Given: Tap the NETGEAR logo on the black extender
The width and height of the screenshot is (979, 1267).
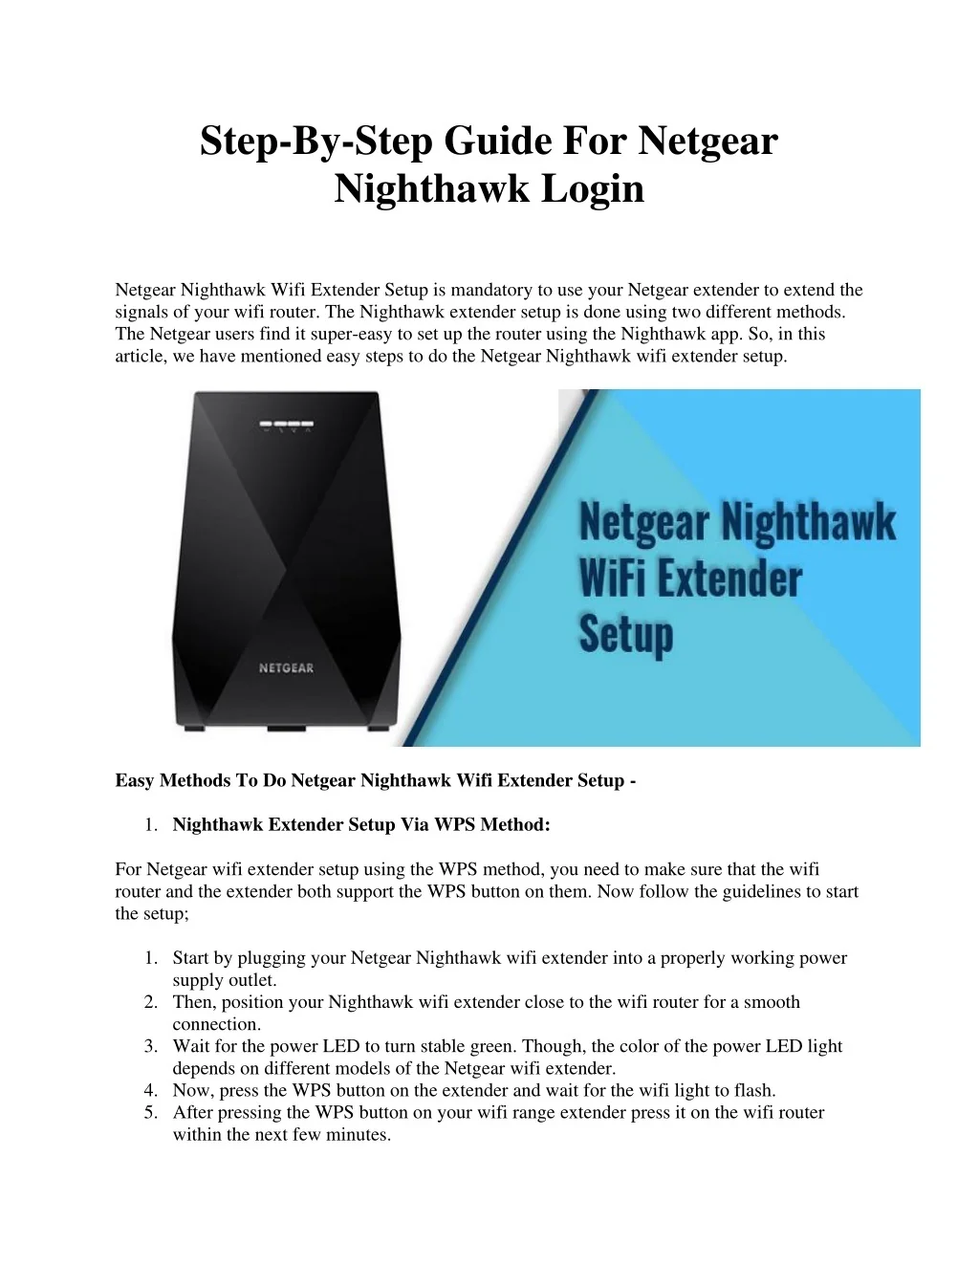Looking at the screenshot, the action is tap(287, 668).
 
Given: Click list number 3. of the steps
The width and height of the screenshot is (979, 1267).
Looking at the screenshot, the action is tap(151, 1046).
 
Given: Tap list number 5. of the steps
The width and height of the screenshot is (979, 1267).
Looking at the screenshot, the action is tap(151, 1113).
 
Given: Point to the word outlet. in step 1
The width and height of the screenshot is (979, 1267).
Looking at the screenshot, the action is tap(252, 980).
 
